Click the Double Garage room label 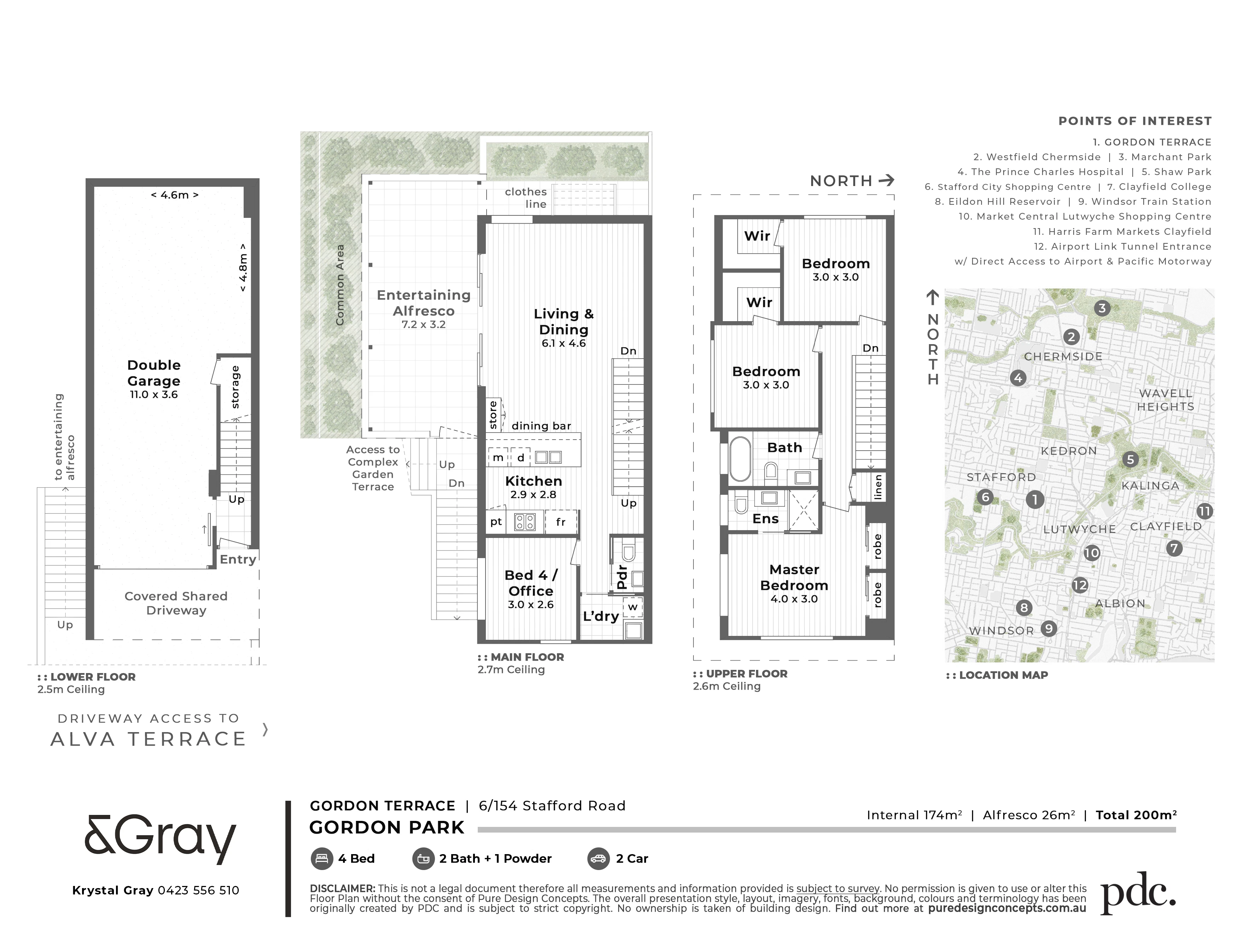[x=153, y=373]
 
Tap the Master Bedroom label [x=794, y=578]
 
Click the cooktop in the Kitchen [x=525, y=522]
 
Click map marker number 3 [x=1102, y=308]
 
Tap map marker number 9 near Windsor [x=1048, y=628]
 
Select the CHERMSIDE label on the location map [x=1063, y=357]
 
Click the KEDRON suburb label [x=1069, y=451]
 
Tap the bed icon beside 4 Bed [x=321, y=859]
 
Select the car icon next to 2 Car [x=598, y=859]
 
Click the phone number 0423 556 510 [x=198, y=890]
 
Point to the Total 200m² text [x=1136, y=815]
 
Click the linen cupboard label [x=878, y=487]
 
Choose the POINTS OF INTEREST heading [x=1135, y=121]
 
